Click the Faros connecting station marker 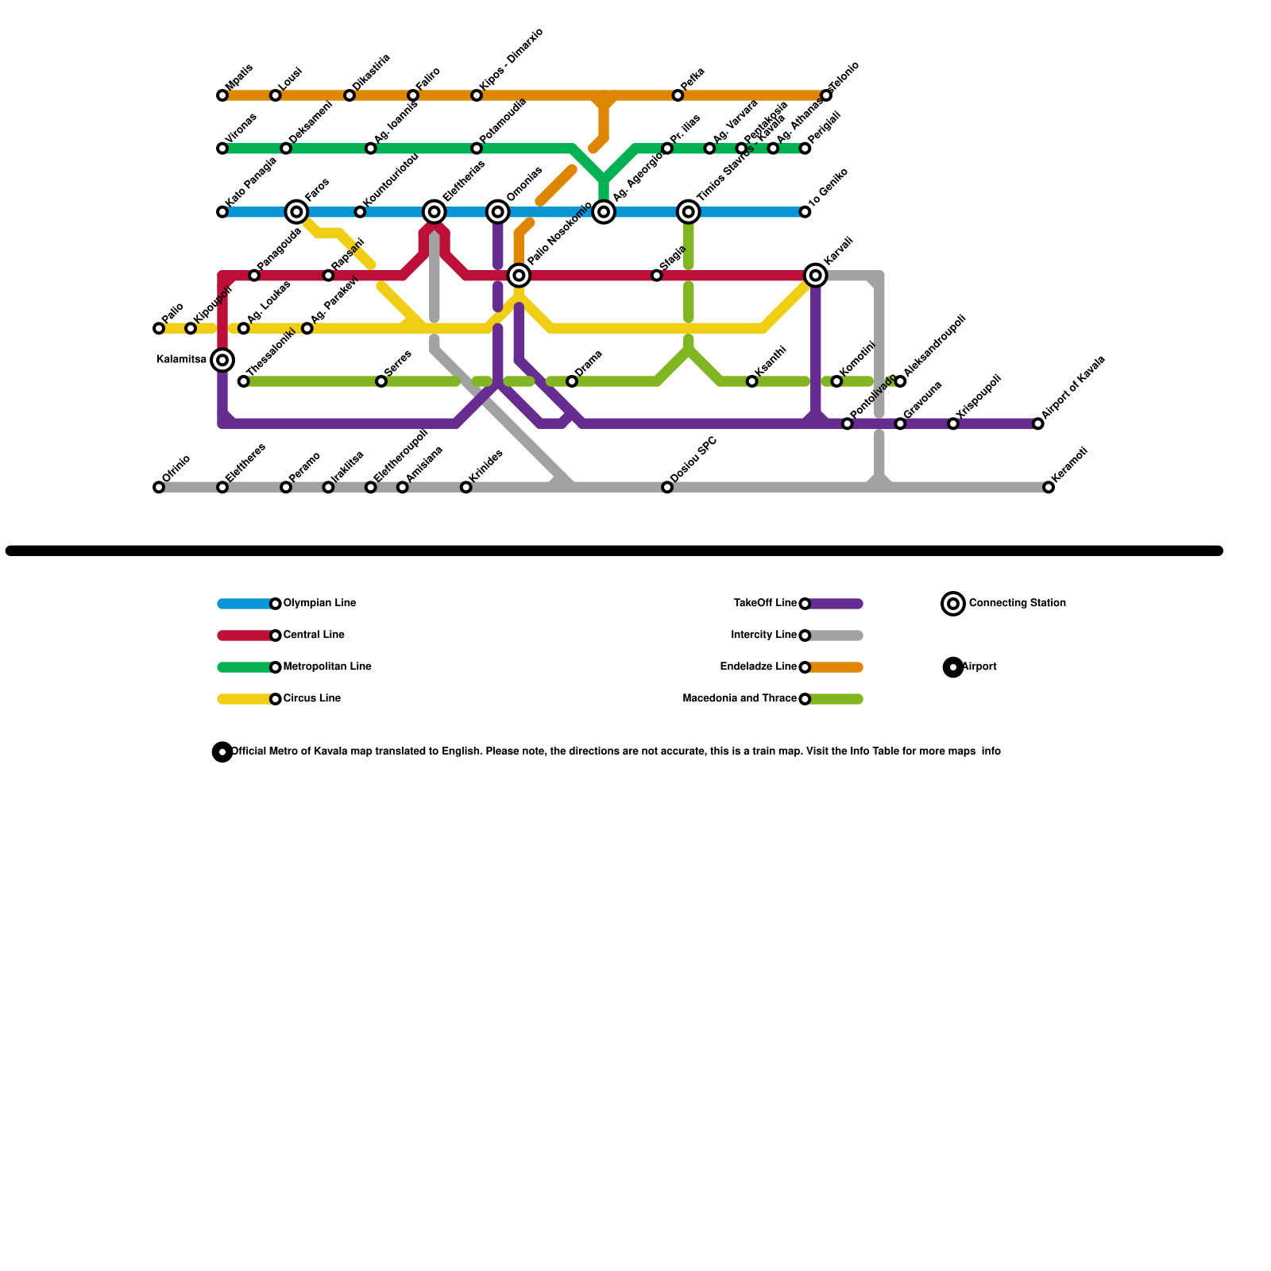[x=296, y=211]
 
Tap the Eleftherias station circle [x=435, y=211]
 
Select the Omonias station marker [x=498, y=211]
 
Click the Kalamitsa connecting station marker [x=223, y=360]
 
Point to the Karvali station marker [x=815, y=275]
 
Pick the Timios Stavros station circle [x=689, y=211]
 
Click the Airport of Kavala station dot [x=1037, y=423]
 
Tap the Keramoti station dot [x=1049, y=487]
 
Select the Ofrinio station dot [x=159, y=487]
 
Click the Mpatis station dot [x=222, y=95]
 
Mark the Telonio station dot [x=826, y=95]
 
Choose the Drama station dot [x=572, y=381]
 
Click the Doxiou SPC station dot [x=667, y=487]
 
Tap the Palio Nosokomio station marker [x=519, y=275]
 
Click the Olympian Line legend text [x=319, y=603]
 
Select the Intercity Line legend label [x=763, y=635]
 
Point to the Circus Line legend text [x=311, y=698]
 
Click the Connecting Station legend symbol [x=953, y=603]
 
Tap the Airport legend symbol [x=953, y=666]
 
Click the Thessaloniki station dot [x=244, y=381]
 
